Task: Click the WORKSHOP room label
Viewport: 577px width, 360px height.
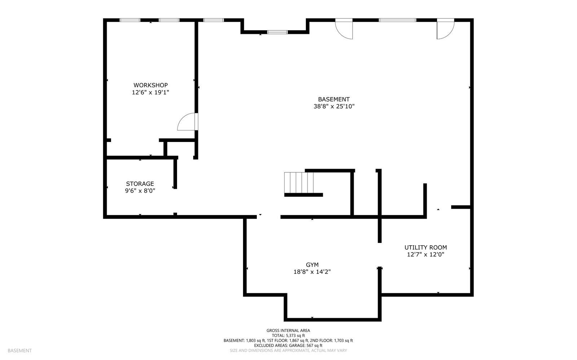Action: click(150, 85)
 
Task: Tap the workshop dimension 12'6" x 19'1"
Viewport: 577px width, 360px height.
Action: click(150, 93)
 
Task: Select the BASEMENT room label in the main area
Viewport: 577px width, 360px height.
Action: click(334, 99)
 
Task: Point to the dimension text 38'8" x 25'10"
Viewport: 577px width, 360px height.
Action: click(334, 107)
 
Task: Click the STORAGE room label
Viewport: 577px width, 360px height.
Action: click(140, 184)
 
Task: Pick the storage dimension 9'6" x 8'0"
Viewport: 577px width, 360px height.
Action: click(140, 191)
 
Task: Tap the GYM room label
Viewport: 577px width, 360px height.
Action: click(312, 265)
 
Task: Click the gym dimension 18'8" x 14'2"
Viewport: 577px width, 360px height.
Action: click(312, 272)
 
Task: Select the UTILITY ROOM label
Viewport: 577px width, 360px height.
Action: click(426, 248)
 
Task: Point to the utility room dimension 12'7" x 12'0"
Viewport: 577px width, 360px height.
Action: click(426, 255)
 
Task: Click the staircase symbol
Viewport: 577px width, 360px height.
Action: click(299, 183)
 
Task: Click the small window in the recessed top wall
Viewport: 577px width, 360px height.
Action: click(277, 32)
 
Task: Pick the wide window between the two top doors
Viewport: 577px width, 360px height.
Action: click(397, 20)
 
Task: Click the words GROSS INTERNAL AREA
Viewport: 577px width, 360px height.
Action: click(288, 330)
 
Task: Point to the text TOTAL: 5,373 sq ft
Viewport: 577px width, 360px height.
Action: click(288, 335)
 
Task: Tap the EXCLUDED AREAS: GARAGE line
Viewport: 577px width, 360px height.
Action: click(288, 345)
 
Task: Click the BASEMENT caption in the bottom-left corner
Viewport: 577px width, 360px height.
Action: click(19, 351)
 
